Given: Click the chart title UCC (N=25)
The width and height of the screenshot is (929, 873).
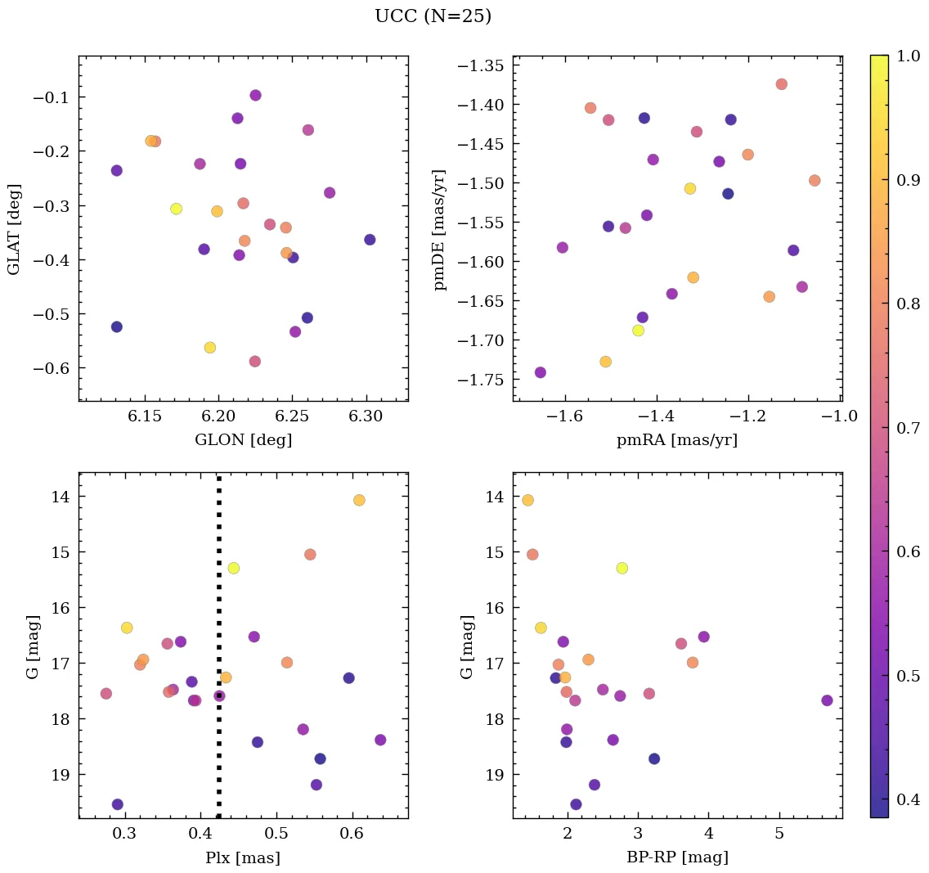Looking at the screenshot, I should [433, 16].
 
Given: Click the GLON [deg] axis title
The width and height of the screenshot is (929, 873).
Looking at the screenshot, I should [243, 439].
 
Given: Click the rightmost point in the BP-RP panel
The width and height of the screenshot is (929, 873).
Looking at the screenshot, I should [827, 700].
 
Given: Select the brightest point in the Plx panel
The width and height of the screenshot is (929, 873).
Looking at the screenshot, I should [359, 500].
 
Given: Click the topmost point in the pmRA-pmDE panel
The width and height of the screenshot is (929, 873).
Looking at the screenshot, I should [781, 84].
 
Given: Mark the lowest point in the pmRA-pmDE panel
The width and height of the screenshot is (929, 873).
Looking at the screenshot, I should [540, 372].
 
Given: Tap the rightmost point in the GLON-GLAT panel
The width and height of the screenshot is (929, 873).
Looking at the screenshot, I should [370, 240].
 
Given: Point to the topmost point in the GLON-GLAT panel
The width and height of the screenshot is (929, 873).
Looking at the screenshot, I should [255, 96].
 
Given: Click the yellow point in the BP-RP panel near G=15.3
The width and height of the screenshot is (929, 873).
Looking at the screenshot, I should [622, 568].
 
